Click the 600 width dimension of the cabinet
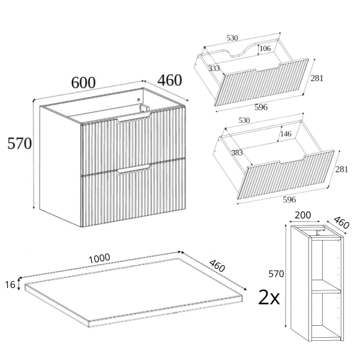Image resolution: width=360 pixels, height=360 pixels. click(83, 83)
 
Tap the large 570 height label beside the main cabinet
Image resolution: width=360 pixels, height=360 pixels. click(20, 144)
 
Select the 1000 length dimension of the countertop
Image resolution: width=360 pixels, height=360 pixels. click(99, 259)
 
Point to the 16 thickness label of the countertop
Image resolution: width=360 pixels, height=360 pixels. click(10, 285)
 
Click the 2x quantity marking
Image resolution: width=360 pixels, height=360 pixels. click(269, 298)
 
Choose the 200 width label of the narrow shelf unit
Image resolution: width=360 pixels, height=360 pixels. click(302, 215)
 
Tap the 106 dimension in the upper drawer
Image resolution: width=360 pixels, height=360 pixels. click(265, 49)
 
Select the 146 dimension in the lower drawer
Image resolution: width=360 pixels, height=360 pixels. click(286, 134)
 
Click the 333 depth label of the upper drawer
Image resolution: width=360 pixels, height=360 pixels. click(214, 68)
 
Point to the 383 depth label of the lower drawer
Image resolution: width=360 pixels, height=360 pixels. click(237, 152)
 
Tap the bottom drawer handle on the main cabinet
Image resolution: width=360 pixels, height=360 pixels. click(134, 169)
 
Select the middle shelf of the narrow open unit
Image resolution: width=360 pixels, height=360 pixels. click(326, 287)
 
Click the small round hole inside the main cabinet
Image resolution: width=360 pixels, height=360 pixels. click(139, 100)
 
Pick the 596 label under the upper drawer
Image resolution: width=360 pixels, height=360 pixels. click(261, 107)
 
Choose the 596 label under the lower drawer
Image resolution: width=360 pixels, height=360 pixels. click(289, 200)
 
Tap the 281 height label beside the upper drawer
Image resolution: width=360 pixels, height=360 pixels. click(317, 78)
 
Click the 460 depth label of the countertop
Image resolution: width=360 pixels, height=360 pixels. click(217, 266)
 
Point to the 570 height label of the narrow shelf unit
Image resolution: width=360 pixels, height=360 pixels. click(276, 274)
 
